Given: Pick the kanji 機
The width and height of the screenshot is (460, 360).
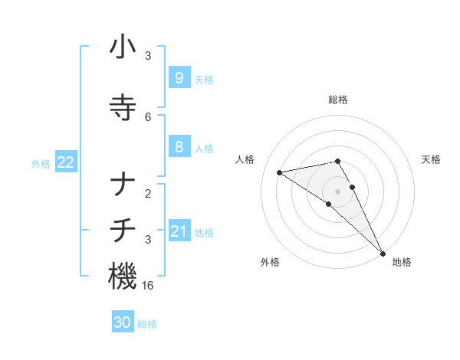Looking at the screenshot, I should pos(123,276).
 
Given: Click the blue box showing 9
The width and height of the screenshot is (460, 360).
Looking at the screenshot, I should pos(179,77).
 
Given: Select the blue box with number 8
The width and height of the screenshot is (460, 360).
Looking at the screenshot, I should pos(179,147).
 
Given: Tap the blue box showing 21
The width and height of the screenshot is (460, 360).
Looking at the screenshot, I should pos(179,231).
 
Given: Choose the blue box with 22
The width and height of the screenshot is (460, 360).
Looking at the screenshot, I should pos(65,162).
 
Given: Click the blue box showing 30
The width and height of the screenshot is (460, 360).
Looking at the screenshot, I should pos(122,322).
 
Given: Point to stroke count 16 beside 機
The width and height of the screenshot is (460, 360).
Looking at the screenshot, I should pos(149,286).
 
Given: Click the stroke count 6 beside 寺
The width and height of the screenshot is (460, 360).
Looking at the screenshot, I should pos(148,116).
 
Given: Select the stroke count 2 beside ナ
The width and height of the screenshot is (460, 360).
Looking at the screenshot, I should pos(148,193).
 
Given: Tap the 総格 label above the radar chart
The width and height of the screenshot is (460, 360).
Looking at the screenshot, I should pos(338,100).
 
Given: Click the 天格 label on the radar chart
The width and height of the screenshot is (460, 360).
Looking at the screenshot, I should pos(432,159).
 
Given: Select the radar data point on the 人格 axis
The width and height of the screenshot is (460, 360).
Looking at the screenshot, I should pos(280,172).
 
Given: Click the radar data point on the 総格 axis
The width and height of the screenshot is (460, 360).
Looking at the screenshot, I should pos(338,161).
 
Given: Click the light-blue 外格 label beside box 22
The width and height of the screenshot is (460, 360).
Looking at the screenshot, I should pos(41,163).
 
